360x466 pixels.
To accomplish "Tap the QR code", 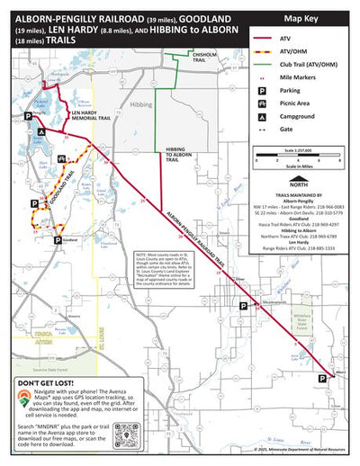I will click(x=152, y=422).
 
